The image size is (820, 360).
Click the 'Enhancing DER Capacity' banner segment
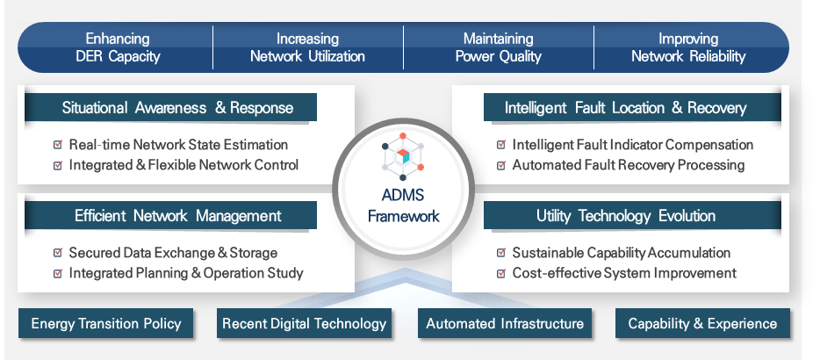(x=117, y=47)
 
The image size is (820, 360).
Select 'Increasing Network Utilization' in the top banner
(x=307, y=47)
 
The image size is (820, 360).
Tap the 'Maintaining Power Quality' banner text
(x=498, y=47)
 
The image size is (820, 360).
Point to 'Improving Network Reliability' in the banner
(x=688, y=47)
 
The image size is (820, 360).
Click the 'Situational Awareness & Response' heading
(x=177, y=108)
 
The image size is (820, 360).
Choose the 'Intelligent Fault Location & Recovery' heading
(x=625, y=108)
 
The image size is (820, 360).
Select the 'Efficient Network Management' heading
(x=177, y=216)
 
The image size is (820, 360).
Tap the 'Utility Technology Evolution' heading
(x=625, y=216)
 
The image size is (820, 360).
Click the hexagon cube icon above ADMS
(x=404, y=155)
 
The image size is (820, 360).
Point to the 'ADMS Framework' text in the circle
(x=403, y=207)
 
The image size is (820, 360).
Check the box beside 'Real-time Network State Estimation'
(x=58, y=145)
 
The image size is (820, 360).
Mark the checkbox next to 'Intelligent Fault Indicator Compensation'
(x=500, y=145)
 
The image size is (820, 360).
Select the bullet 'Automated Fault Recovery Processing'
(x=628, y=164)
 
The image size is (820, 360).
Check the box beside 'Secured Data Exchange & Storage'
(x=58, y=253)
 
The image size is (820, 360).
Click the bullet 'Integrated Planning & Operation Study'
(x=185, y=272)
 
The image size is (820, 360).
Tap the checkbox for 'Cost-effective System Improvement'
(x=500, y=273)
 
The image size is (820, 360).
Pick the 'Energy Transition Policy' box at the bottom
(x=105, y=324)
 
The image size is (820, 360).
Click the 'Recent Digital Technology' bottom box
(x=304, y=324)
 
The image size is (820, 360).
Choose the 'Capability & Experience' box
(x=702, y=324)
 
